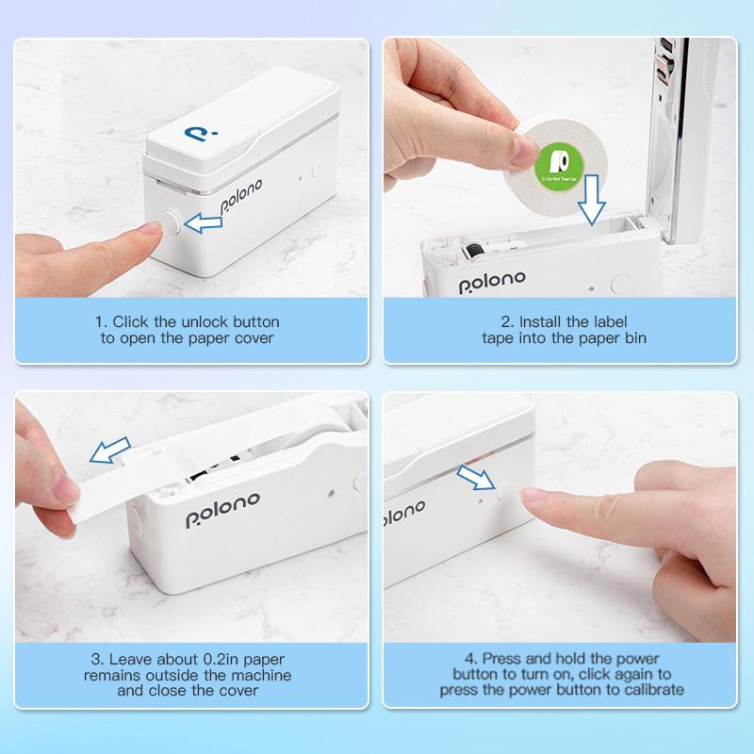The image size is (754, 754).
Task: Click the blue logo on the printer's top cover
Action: click(202, 136)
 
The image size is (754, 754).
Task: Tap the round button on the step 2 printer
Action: click(620, 282)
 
